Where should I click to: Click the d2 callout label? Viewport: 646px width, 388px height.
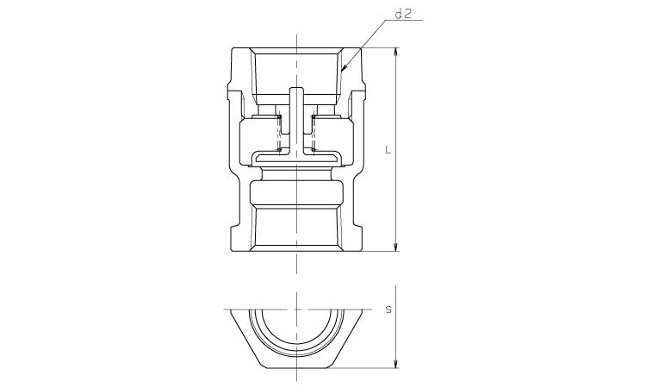click(x=403, y=15)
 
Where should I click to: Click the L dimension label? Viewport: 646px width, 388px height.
click(x=388, y=150)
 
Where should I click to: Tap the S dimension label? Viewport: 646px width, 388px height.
click(x=388, y=310)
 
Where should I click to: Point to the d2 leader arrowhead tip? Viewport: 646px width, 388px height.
click(x=342, y=70)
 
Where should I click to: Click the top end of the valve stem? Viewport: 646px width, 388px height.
click(x=296, y=88)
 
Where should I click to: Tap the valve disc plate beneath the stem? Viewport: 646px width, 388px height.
click(x=296, y=158)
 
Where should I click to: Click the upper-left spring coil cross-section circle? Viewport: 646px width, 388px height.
click(x=280, y=117)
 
